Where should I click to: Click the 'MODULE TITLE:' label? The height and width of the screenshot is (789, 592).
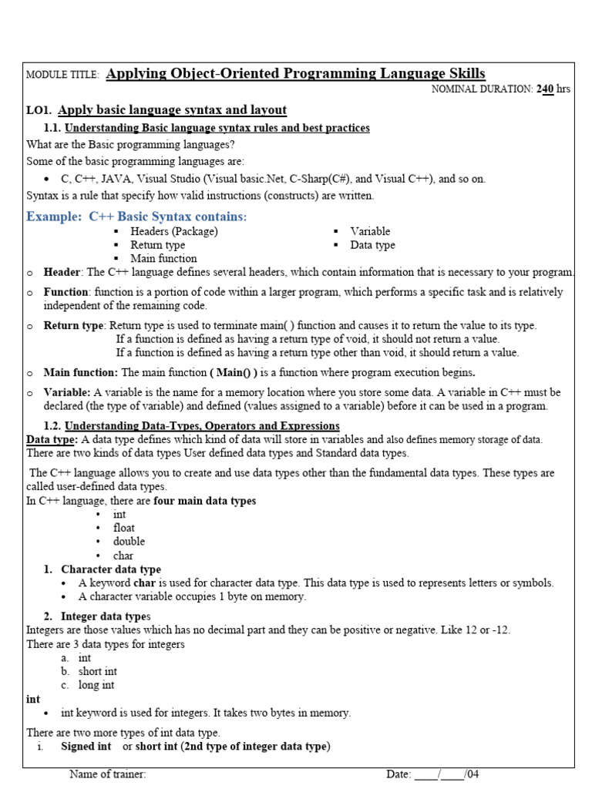pos(62,75)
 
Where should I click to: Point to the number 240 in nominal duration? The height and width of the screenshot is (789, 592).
pos(545,89)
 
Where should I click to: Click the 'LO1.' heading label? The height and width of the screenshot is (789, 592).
pos(39,110)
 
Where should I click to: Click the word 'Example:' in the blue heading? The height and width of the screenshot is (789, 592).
pos(54,217)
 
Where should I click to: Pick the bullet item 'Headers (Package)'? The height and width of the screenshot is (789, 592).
pos(173,231)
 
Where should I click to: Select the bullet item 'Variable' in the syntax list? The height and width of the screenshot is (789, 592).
pos(370,231)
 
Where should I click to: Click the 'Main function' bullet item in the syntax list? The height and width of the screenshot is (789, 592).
pos(163,259)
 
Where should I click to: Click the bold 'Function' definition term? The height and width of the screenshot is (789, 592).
pos(66,292)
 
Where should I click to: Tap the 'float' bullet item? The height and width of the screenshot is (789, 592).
pos(123,528)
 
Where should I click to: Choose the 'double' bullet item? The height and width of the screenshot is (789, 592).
pos(129,542)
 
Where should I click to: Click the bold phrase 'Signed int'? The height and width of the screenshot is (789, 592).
pos(86,747)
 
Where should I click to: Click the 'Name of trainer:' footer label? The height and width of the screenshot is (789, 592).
pos(107,774)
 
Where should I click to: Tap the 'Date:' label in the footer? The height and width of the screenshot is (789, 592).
pos(399,774)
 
